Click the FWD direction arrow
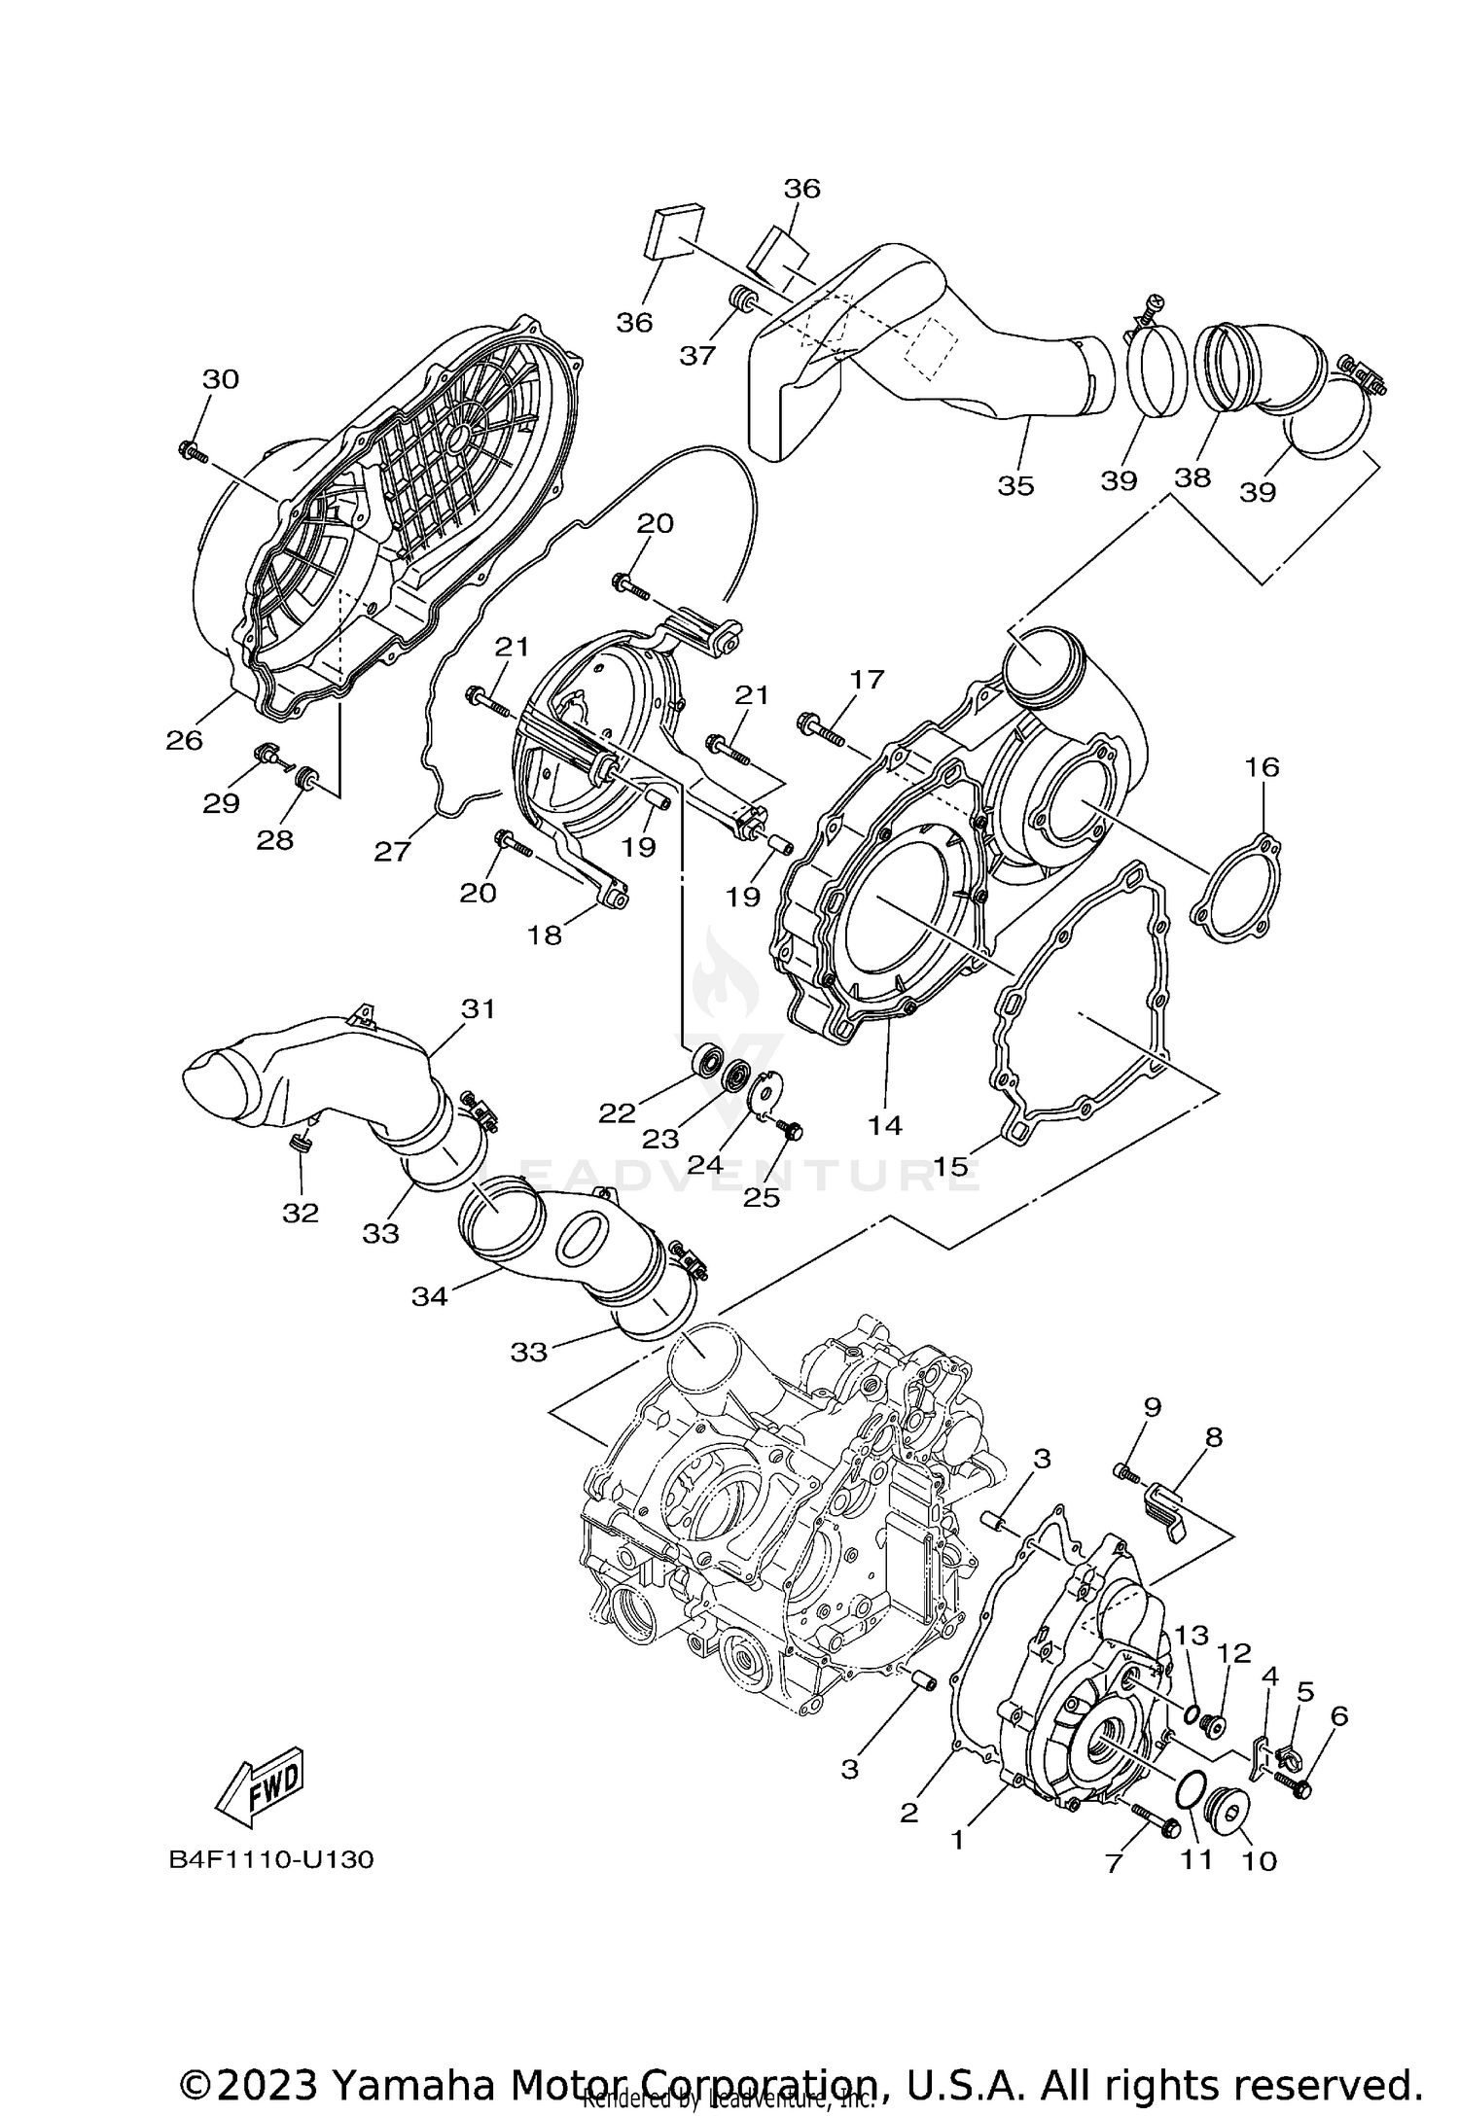[261, 1787]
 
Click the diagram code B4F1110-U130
[271, 1859]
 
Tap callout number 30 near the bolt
[221, 379]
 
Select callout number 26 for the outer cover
[184, 740]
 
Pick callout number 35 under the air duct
[1015, 484]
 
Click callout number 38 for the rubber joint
[1192, 477]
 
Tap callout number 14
[885, 1125]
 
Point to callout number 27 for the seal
[392, 852]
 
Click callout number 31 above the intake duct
[478, 1009]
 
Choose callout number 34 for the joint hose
[429, 1295]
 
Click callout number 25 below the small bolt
[762, 1198]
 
